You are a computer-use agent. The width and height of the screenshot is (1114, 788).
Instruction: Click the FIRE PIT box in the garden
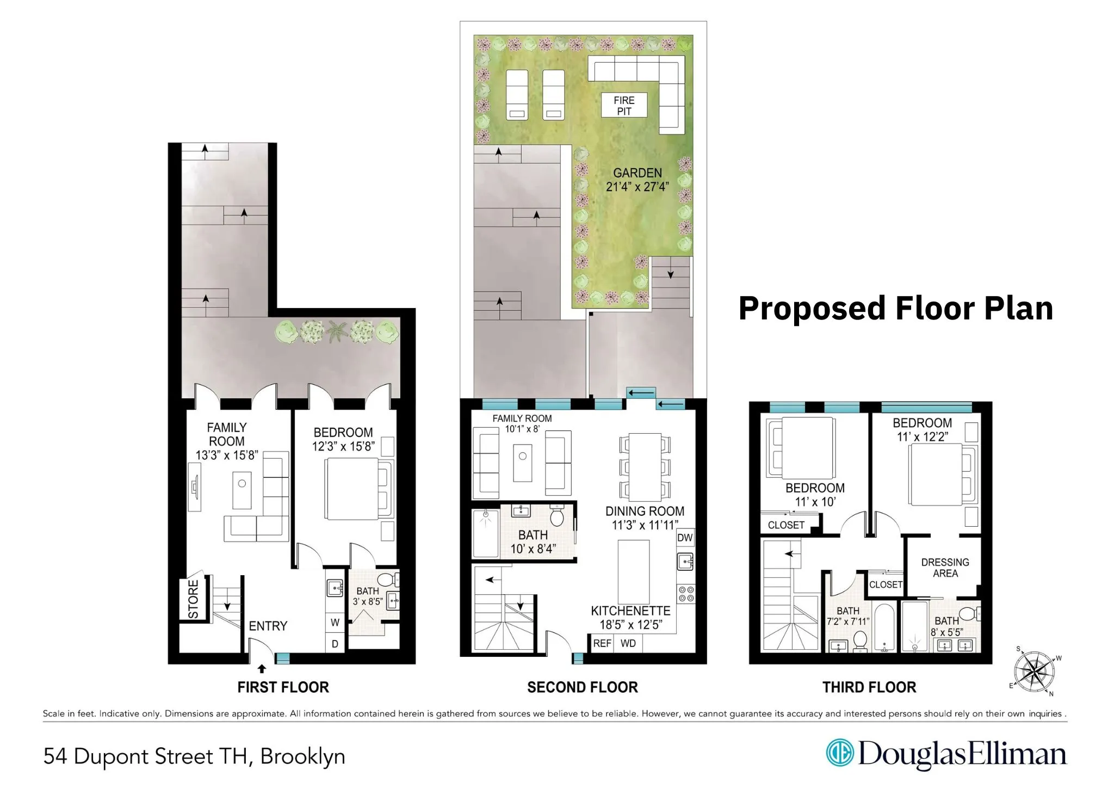click(624, 105)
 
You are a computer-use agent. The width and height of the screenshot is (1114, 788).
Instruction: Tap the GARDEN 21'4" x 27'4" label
click(637, 180)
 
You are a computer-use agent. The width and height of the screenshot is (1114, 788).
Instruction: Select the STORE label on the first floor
click(193, 599)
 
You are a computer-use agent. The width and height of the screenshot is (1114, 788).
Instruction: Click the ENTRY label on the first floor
click(268, 626)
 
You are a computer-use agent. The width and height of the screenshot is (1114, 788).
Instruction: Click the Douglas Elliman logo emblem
click(839, 753)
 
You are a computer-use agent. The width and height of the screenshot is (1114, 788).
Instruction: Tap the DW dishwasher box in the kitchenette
click(685, 538)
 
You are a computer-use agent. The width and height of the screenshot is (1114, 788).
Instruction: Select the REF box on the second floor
click(602, 643)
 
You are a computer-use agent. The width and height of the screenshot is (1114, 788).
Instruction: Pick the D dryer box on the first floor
click(335, 643)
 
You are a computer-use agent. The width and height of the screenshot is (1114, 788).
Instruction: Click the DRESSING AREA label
click(945, 568)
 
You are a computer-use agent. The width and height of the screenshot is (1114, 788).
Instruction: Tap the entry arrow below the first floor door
click(262, 669)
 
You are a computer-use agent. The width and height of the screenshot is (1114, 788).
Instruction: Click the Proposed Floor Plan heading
click(895, 308)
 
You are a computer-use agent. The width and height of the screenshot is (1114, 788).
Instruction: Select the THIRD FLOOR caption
click(869, 687)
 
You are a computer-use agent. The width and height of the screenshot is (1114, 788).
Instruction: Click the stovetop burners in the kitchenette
click(686, 594)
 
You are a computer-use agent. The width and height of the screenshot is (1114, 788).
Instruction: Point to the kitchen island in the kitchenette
click(634, 571)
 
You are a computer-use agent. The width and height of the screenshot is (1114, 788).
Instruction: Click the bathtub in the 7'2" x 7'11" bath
click(884, 627)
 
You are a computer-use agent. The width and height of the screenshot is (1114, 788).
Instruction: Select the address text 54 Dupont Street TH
click(147, 756)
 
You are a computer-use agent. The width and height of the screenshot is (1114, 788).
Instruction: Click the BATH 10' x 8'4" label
click(533, 542)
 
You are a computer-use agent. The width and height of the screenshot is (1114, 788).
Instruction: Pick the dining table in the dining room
click(645, 467)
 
